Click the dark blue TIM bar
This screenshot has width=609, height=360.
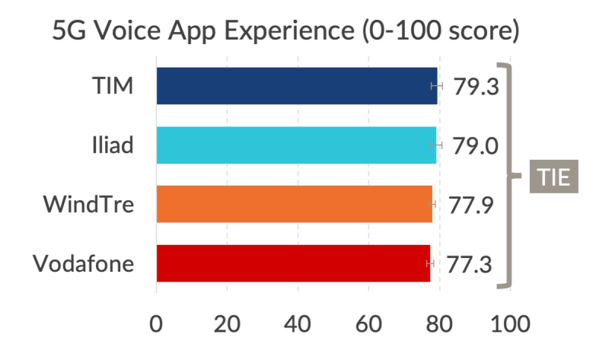click(297, 85)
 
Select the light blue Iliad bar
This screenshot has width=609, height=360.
click(296, 145)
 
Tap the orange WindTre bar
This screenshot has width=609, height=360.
click(294, 204)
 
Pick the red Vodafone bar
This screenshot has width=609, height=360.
click(293, 263)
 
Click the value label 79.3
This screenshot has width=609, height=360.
click(476, 86)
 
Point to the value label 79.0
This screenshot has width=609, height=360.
click(476, 145)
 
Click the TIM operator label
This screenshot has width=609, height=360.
click(112, 85)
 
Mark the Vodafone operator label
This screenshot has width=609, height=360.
click(84, 263)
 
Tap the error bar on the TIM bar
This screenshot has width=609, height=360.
click(436, 85)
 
